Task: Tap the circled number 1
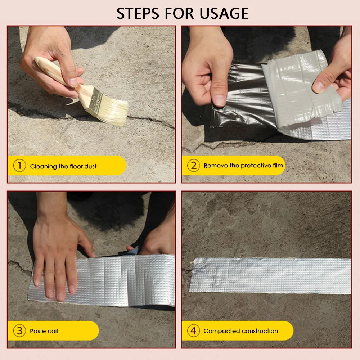click(19, 166)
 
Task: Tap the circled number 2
click(193, 166)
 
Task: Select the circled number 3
click(19, 330)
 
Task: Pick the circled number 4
click(193, 330)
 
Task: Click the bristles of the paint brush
click(114, 110)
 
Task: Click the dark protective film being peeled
click(241, 97)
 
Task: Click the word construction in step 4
click(260, 331)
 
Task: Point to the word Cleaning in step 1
click(44, 166)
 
